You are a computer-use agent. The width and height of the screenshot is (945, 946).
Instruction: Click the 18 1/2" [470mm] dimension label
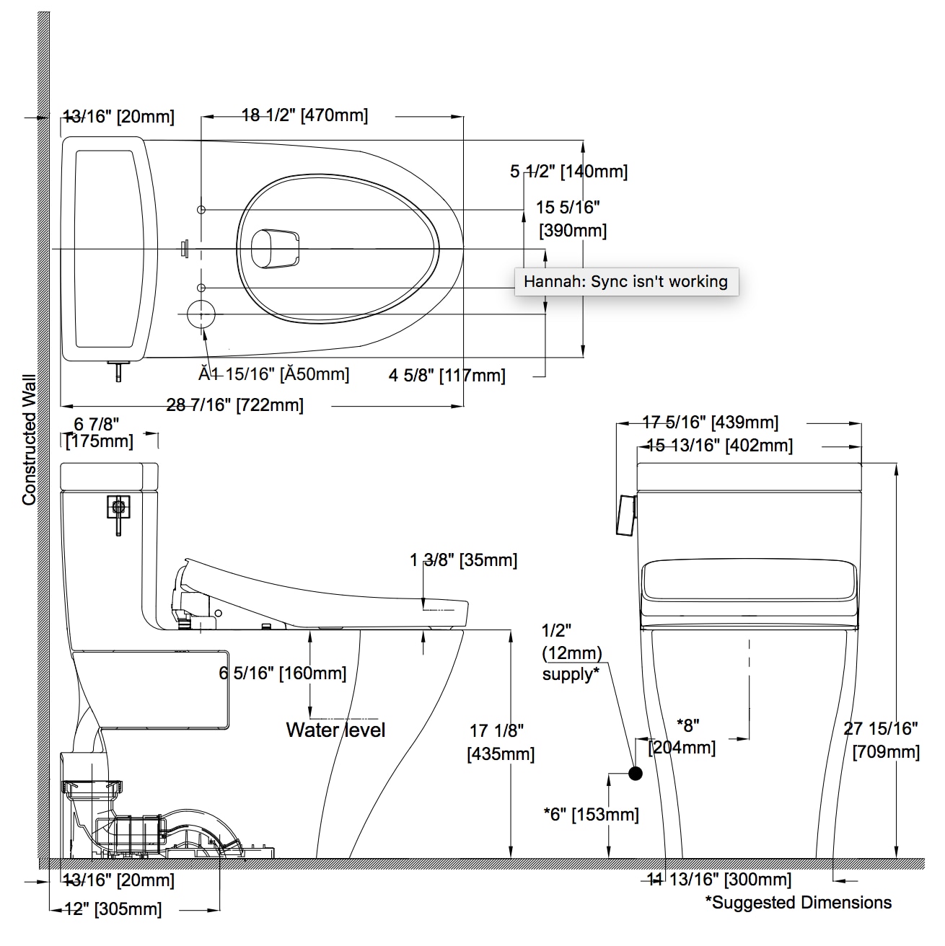(x=304, y=115)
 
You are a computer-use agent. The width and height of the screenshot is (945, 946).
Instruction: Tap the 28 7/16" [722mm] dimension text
(x=234, y=405)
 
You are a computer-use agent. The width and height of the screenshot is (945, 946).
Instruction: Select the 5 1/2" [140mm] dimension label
(x=568, y=172)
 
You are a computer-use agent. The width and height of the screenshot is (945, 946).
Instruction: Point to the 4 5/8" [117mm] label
(x=447, y=376)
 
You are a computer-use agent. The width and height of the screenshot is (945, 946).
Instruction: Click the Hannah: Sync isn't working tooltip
(x=626, y=282)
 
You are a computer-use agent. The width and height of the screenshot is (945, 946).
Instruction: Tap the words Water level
(x=335, y=730)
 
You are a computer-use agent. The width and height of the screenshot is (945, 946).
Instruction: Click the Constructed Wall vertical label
(x=30, y=439)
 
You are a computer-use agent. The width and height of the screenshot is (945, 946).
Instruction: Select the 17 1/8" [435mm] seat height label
(x=501, y=742)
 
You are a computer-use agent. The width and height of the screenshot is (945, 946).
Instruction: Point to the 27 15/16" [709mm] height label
(x=883, y=741)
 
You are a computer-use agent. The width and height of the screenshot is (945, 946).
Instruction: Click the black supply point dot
(x=635, y=774)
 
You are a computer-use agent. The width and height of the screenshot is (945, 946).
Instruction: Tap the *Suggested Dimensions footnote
(x=799, y=902)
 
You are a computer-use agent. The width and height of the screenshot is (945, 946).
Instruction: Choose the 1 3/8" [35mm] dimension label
(x=464, y=560)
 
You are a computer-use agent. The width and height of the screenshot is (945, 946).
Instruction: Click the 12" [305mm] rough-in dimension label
(x=113, y=909)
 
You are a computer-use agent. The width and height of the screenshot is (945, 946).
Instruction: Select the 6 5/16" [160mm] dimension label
(x=283, y=673)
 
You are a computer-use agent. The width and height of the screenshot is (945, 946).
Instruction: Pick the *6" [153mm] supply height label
(x=592, y=815)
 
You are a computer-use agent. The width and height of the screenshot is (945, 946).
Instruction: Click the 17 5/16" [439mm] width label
(x=711, y=423)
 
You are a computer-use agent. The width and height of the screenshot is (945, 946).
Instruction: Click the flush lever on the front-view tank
(x=626, y=515)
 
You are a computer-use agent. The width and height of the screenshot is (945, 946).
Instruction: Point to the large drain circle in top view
(x=201, y=314)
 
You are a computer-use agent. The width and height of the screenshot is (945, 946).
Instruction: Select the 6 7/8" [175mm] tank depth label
(x=100, y=433)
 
